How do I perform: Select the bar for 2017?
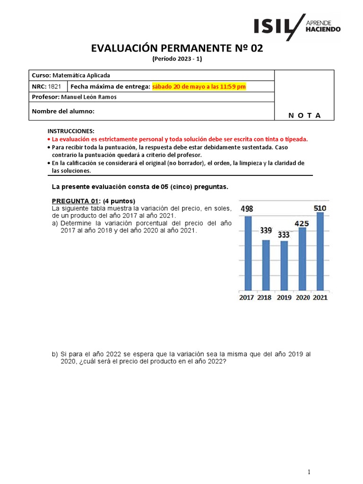pyautogui.click(x=248, y=253)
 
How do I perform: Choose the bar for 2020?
pyautogui.click(x=302, y=259)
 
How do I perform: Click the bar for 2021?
pyautogui.click(x=320, y=251)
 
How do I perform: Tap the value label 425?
pyautogui.click(x=302, y=222)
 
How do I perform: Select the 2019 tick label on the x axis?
pyautogui.click(x=284, y=297)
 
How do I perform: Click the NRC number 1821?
pyautogui.click(x=54, y=86)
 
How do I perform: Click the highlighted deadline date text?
pyautogui.click(x=199, y=86)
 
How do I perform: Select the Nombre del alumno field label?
pyautogui.click(x=63, y=111)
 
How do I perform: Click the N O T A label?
pyautogui.click(x=304, y=115)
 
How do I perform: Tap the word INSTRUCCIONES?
pyautogui.click(x=71, y=131)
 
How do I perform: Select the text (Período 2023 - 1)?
pyautogui.click(x=177, y=59)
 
